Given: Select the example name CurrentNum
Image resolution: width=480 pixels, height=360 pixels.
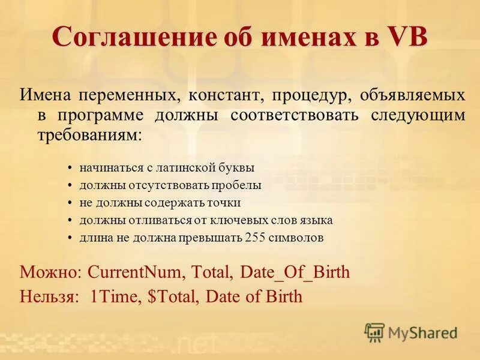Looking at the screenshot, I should click(137, 272).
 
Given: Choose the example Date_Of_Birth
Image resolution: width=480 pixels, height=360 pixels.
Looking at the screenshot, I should click(295, 272).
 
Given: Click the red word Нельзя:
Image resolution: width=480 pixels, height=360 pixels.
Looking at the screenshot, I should click(49, 296).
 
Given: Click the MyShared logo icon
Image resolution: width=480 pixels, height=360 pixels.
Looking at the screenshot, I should click(374, 332).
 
